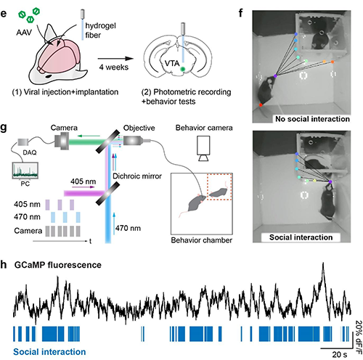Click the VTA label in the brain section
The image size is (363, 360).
pos(172,63)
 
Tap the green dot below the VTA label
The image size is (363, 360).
pos(183,69)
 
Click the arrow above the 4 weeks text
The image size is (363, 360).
pos(115,59)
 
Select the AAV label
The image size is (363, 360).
pos(24,32)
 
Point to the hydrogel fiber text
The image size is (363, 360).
pos(100,30)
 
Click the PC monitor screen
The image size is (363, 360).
pos(25,171)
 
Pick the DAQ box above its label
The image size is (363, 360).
pos(23,142)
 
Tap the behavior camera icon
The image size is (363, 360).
pos(203,148)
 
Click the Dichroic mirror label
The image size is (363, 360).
pos(137,176)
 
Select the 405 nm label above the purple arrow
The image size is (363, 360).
pos(83,181)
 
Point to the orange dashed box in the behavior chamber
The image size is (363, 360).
pos(219,187)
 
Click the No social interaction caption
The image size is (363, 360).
pos(312,119)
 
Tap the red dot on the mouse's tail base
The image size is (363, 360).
pos(261,105)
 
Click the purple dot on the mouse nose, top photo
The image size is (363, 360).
pos(275,76)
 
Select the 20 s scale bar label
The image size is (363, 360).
pos(340,354)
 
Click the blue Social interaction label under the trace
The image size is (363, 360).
pos(49,351)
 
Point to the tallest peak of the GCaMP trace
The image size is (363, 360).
pos(323,263)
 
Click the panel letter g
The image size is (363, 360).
pos(4,128)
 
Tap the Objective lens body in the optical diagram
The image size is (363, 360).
pos(132,141)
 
